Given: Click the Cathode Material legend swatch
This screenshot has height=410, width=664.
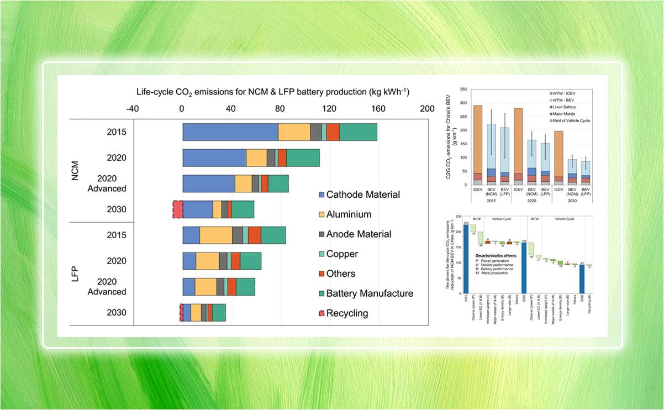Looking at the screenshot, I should click(x=322, y=195).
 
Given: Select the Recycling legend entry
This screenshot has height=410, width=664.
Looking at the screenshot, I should click(x=347, y=313).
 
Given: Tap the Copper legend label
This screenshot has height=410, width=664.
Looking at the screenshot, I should click(x=342, y=254).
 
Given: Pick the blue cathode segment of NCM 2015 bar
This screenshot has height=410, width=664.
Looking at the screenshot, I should click(x=230, y=132).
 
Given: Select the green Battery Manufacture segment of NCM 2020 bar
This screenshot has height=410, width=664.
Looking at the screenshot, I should click(x=303, y=157).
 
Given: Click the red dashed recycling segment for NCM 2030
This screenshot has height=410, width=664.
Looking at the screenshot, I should click(x=178, y=209).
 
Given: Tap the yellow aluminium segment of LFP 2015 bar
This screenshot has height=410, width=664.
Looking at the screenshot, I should click(x=216, y=235).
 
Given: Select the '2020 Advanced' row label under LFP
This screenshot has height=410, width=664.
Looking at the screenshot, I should click(x=111, y=287).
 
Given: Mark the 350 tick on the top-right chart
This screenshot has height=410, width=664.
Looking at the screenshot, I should click(x=463, y=88).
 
